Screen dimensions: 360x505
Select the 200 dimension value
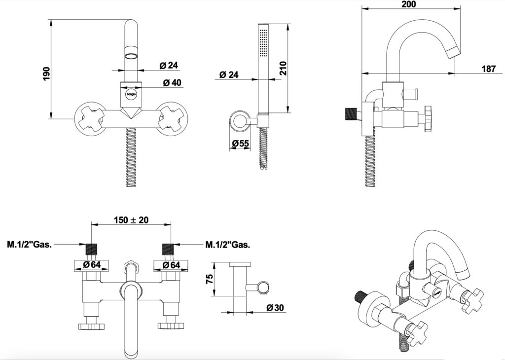coord(409,4)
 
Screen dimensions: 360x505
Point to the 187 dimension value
coord(488,69)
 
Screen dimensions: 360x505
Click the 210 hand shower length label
coord(283,68)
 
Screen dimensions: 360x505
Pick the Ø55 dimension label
coord(240,144)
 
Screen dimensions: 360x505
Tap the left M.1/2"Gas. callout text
coord(30,244)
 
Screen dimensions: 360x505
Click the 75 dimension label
coord(210,279)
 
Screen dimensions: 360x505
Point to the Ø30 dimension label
coord(274,308)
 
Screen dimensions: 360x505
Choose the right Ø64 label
coord(172,265)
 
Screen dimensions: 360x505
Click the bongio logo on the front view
coord(131,92)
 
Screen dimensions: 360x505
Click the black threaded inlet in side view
coord(351,114)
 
